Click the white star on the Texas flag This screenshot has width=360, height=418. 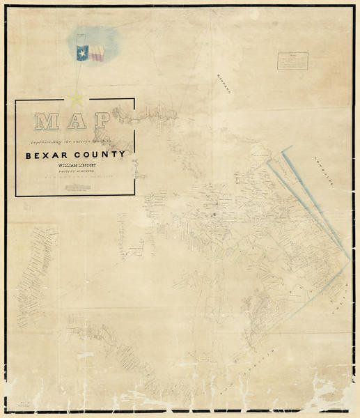pos(81,53)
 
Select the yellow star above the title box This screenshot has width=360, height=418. pos(75,98)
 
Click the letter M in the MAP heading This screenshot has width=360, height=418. pos(47,122)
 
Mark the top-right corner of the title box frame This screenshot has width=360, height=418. pos(134,100)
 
